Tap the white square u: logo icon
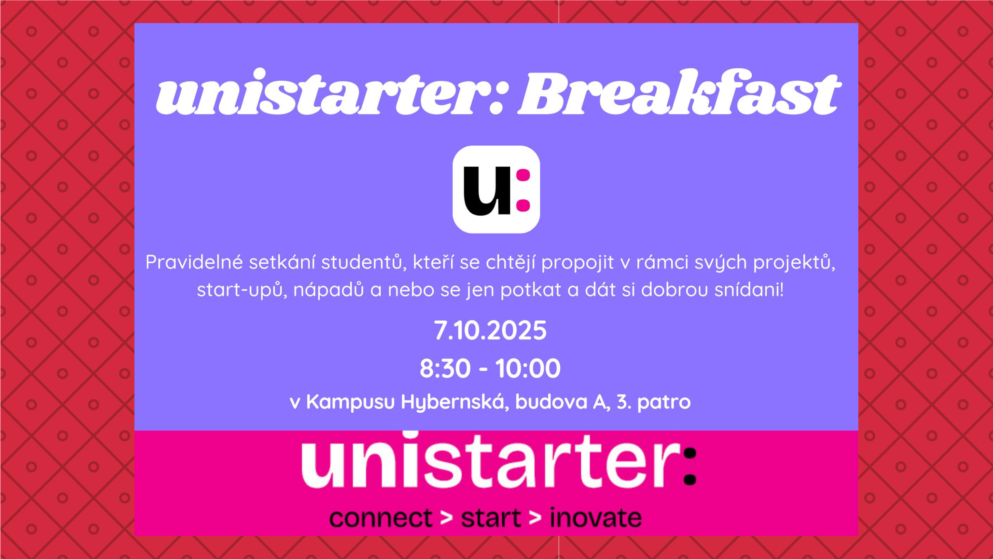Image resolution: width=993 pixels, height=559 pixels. coord(496,189)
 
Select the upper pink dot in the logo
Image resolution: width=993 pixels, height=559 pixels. coord(523,176)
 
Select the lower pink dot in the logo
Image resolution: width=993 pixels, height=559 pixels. coord(523,205)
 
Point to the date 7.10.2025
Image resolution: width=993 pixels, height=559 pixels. coord(490,331)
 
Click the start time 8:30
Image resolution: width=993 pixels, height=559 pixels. coord(445,369)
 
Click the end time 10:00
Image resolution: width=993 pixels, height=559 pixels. coord(528,369)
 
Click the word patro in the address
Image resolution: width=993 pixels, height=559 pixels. coord(664,402)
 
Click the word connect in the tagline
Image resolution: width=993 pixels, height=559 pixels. coord(380,518)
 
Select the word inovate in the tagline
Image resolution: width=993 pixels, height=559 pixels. coord(595,518)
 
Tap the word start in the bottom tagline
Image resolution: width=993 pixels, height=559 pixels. coord(491,518)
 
